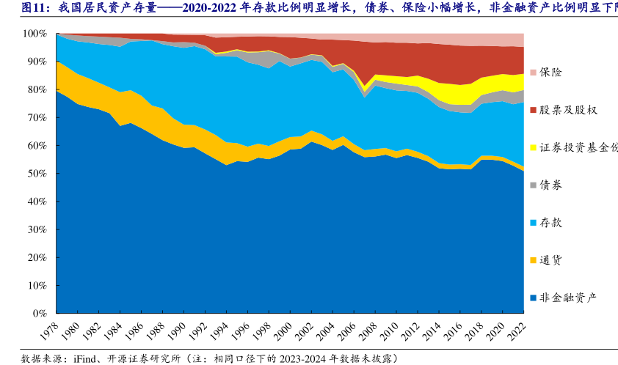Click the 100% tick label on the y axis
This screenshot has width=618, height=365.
(34, 34)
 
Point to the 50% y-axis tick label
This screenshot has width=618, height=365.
(37, 174)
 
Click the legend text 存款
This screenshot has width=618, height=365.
(551, 223)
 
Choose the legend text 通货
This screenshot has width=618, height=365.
(551, 260)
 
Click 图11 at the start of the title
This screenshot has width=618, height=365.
(34, 8)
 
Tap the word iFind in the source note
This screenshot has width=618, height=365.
(87, 358)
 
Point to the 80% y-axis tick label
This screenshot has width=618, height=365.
(37, 89)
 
